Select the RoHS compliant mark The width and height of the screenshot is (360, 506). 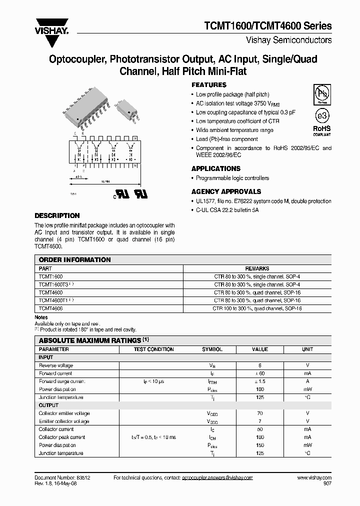[x=321, y=130]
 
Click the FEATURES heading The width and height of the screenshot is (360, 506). [x=209, y=85]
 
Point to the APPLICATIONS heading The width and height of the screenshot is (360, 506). [x=216, y=168]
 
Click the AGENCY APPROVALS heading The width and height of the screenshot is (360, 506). [x=226, y=191]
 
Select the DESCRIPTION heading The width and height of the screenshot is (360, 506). [x=57, y=216]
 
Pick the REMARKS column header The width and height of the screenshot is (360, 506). [x=257, y=268]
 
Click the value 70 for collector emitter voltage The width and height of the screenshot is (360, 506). [x=260, y=413]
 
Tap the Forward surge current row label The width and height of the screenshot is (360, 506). [x=62, y=381]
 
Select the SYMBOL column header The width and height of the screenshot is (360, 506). [x=212, y=349]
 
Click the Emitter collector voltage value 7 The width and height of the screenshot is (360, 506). [x=260, y=421]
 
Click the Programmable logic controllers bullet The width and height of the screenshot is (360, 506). [x=232, y=178]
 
